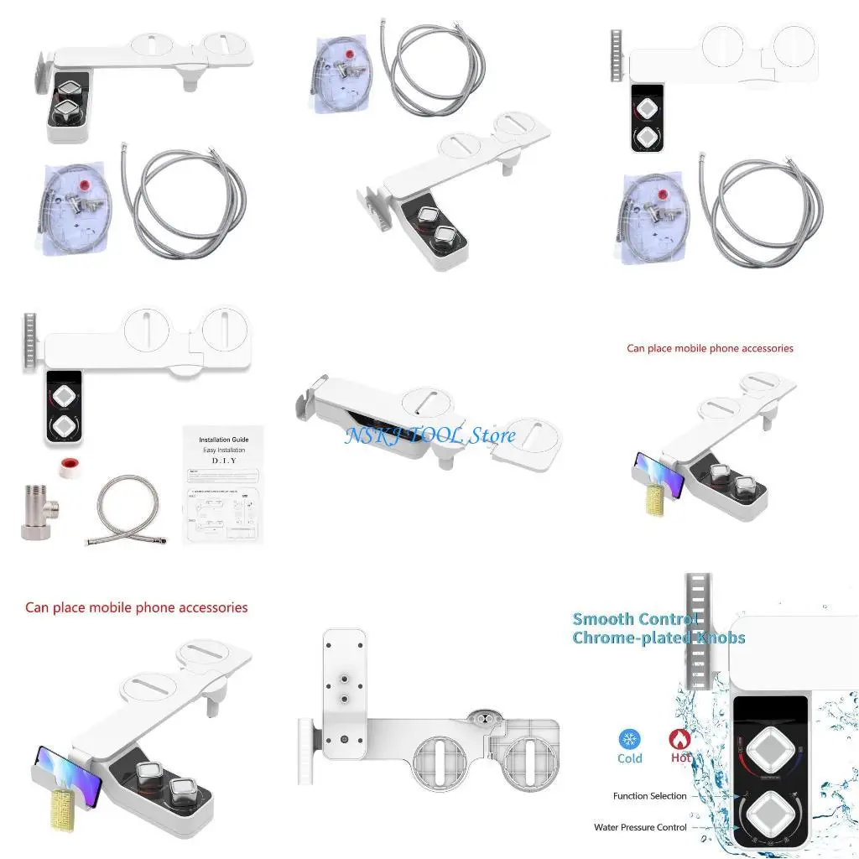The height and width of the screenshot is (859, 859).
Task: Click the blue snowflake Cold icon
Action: click(629, 739)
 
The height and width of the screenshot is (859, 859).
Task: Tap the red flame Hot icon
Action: click(680, 739)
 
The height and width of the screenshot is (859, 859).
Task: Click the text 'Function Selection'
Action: click(649, 796)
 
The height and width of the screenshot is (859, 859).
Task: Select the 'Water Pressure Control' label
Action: click(640, 827)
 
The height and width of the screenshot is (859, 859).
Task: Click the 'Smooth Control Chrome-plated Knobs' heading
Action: click(658, 628)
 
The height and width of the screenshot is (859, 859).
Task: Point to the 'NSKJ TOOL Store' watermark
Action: click(429, 435)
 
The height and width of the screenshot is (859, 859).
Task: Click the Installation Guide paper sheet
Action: click(223, 486)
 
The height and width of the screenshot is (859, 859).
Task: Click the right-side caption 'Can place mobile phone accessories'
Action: click(710, 348)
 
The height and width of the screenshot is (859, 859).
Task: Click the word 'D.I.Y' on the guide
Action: click(223, 461)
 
